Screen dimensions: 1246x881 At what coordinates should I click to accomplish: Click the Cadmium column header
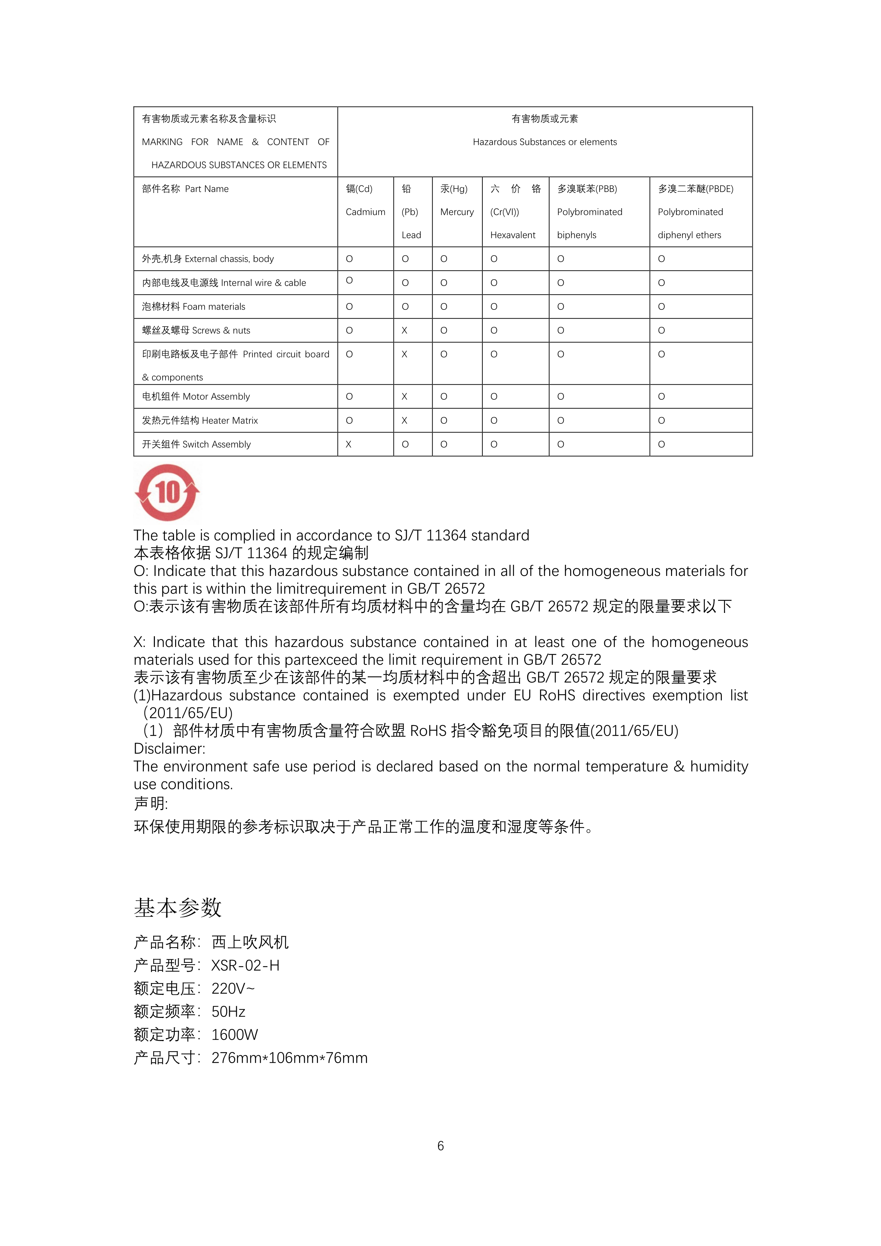point(365,212)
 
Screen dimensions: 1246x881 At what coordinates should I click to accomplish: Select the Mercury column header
point(457,212)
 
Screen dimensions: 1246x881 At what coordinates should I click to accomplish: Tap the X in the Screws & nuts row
point(404,330)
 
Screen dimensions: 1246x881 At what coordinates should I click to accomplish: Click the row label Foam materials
point(194,307)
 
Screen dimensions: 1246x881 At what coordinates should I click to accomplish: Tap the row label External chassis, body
point(208,259)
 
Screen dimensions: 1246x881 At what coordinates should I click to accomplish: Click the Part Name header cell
point(185,189)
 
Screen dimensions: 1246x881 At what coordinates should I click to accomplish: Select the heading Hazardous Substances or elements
point(545,142)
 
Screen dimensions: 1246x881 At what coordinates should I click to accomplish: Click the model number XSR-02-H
point(245,965)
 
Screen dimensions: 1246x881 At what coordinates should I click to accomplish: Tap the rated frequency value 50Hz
point(228,1012)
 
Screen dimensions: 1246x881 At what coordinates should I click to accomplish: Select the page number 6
point(440,1145)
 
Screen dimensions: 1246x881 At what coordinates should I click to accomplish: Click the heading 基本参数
point(178,908)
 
